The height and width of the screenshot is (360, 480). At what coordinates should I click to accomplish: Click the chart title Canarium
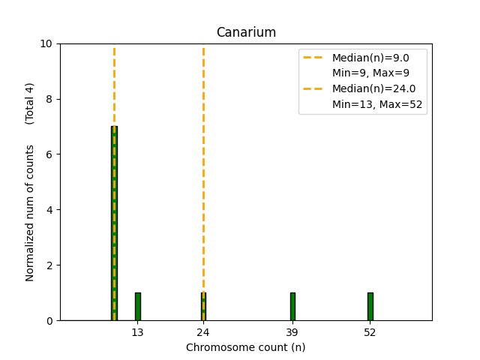(246, 32)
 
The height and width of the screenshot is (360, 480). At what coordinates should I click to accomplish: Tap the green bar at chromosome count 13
(138, 307)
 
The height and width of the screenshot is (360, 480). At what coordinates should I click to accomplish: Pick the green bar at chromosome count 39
(292, 307)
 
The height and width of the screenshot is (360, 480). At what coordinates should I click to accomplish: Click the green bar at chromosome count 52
(370, 307)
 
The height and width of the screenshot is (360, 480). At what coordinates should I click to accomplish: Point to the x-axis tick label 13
(138, 331)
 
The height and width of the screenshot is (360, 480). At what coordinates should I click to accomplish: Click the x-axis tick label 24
(203, 331)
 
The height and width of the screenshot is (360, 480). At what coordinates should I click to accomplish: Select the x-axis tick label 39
(292, 331)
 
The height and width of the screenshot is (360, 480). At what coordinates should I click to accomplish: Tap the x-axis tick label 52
(370, 331)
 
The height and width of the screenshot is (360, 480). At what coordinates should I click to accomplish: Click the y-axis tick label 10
(47, 43)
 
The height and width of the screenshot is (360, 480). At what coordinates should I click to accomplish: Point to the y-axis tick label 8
(50, 99)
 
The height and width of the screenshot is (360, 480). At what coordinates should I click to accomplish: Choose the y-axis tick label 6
(50, 154)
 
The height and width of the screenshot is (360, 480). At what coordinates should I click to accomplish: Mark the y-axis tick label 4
(50, 210)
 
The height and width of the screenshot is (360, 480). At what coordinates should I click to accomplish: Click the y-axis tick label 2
(50, 265)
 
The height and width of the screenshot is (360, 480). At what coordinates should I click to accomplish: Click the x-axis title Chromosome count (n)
(246, 347)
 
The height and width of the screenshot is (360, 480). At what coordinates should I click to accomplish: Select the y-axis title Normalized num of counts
(30, 213)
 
